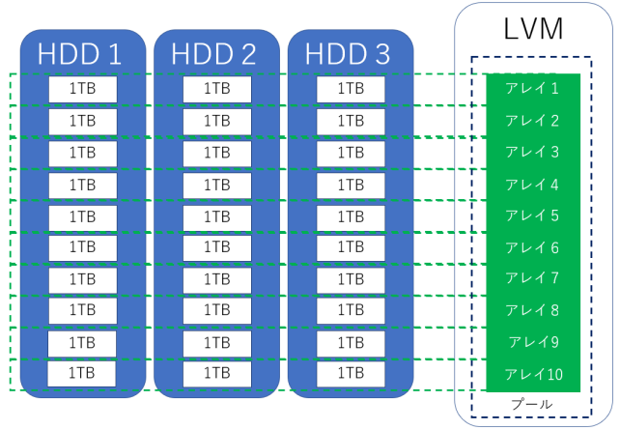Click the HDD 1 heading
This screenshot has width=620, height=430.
click(81, 54)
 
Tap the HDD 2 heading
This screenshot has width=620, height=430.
click(214, 54)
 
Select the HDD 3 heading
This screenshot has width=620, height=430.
click(349, 54)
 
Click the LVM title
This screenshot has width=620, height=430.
click(533, 28)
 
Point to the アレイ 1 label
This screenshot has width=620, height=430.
click(532, 89)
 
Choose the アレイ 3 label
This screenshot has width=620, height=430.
click(532, 152)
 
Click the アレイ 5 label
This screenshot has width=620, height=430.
click(532, 215)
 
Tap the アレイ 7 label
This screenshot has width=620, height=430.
click(532, 278)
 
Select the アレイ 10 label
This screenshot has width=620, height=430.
click(532, 374)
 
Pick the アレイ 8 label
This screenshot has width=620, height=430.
click(532, 310)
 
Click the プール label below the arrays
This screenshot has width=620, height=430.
click(532, 404)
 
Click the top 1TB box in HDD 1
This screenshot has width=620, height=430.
click(82, 89)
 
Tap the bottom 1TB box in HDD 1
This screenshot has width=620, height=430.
click(82, 373)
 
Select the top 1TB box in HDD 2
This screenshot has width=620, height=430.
click(216, 89)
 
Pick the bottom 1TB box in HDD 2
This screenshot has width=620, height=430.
click(216, 373)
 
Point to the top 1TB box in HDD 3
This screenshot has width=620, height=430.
click(350, 89)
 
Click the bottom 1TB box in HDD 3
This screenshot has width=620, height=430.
click(350, 373)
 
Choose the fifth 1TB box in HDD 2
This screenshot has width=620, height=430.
click(216, 215)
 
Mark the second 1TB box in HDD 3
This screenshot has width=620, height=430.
click(350, 121)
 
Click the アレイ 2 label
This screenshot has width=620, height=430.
click(532, 121)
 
